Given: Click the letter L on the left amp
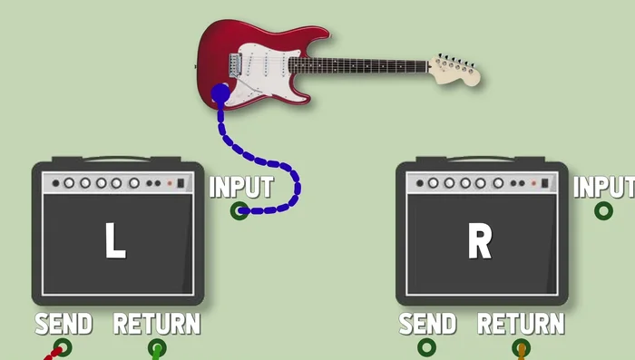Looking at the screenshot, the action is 114,240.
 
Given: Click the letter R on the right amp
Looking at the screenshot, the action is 479,240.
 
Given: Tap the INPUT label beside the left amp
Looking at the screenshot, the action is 241,188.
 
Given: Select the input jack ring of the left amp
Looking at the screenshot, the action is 239,211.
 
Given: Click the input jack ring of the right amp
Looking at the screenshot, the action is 603,211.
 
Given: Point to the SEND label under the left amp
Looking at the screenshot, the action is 63,324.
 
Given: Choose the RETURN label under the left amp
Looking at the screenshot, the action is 157,324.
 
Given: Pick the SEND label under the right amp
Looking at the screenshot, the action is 427,324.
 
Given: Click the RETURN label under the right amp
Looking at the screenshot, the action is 521,324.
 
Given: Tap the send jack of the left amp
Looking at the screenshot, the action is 63,347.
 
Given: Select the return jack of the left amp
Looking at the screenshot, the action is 157,348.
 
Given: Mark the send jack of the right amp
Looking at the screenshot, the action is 426,347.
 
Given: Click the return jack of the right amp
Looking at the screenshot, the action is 521,348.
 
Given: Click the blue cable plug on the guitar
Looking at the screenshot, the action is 220,92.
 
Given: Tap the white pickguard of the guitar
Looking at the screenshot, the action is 263,63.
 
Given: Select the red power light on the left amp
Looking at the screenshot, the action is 169,183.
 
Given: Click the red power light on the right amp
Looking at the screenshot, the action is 533,183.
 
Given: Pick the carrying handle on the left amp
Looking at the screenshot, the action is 118,160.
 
